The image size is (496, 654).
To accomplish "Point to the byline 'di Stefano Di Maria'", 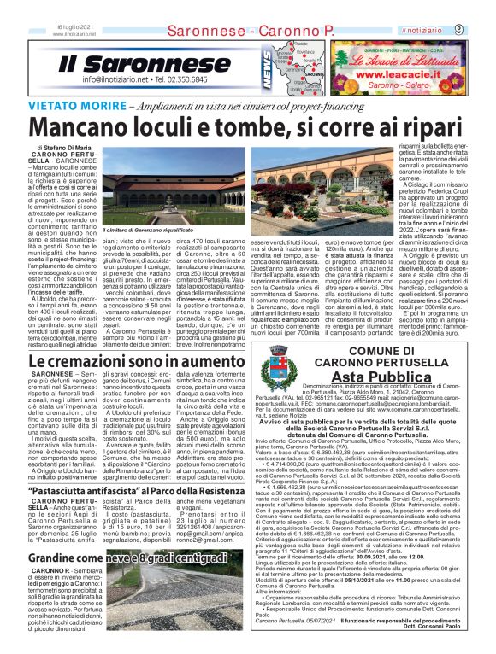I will (63, 149).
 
